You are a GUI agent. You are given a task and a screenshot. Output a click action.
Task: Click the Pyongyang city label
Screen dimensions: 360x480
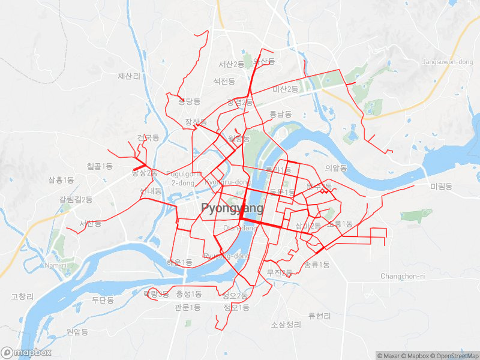pyautogui.click(x=232, y=208)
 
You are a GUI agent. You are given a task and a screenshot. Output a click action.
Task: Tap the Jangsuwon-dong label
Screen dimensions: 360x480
pyautogui.click(x=448, y=62)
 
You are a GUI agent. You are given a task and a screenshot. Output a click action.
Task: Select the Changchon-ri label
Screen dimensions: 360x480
pyautogui.click(x=403, y=276)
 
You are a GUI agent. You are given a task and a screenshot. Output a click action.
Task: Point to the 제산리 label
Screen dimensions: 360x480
pyautogui.click(x=129, y=76)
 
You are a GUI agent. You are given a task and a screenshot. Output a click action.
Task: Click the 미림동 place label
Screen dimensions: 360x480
pyautogui.click(x=441, y=187)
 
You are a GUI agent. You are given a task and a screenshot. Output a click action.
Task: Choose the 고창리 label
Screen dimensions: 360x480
pyautogui.click(x=22, y=297)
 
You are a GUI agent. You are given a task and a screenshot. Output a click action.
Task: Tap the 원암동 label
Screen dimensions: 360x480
pyautogui.click(x=77, y=332)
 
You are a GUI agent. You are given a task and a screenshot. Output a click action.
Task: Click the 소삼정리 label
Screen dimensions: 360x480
pyautogui.click(x=286, y=325)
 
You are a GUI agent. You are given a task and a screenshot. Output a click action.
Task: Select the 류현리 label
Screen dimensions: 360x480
pyautogui.click(x=319, y=316)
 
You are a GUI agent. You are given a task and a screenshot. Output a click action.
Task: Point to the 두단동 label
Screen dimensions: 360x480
pyautogui.click(x=103, y=300)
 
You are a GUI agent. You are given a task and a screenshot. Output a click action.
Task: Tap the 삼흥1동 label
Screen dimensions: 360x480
pyautogui.click(x=61, y=180)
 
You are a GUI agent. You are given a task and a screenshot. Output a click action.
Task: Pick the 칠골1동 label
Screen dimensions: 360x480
pyautogui.click(x=100, y=166)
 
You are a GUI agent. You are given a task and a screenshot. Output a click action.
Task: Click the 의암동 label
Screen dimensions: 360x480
pyautogui.click(x=336, y=168)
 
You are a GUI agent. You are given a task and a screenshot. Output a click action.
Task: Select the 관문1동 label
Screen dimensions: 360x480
pyautogui.click(x=187, y=308)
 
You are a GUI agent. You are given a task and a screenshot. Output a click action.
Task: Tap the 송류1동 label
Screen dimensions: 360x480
pyautogui.click(x=317, y=265)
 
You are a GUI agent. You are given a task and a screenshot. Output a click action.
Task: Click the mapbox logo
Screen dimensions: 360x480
pyautogui.click(x=26, y=352)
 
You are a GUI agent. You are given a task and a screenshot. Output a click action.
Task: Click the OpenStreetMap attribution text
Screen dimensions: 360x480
pyautogui.click(x=455, y=356)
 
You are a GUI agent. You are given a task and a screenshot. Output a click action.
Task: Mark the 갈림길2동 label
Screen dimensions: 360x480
pyautogui.click(x=76, y=200)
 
